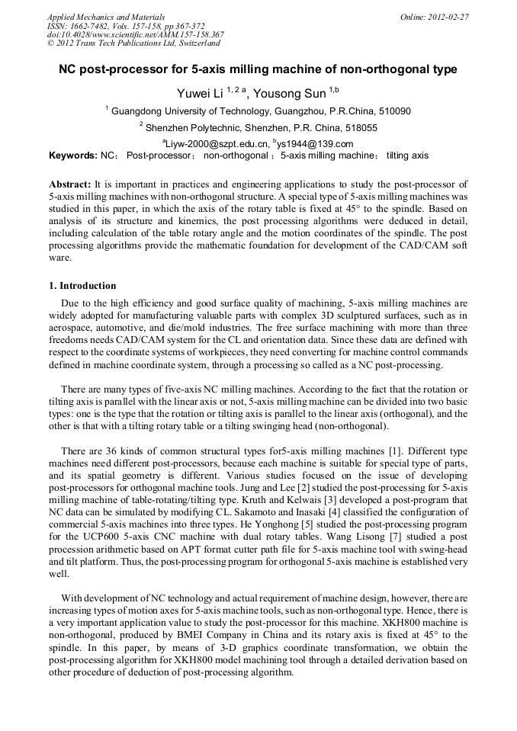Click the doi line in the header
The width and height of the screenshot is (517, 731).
136,35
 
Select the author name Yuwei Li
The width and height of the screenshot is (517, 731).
200,94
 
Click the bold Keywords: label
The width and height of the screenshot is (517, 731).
72,155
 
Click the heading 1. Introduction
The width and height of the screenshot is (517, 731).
82,286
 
